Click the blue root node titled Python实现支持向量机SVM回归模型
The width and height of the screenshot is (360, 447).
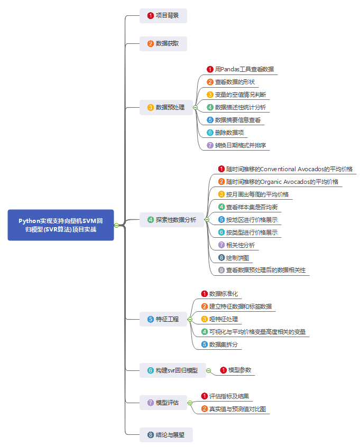click(61, 225)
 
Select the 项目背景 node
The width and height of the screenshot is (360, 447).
click(163, 15)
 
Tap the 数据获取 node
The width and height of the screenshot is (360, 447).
click(163, 43)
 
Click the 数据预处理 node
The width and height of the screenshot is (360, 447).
click(166, 107)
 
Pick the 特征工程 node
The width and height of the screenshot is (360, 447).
click(163, 319)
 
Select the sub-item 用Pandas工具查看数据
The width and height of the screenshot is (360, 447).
click(244, 69)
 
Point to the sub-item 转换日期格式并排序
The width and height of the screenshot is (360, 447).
click(241, 145)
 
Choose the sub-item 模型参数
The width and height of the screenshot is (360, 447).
click(239, 371)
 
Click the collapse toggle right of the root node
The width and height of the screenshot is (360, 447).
click(117, 226)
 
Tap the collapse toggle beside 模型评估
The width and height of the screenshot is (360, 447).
click(190, 403)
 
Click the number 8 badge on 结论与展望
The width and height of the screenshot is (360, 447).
click(151, 435)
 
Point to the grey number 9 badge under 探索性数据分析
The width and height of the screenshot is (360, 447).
click(221, 271)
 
